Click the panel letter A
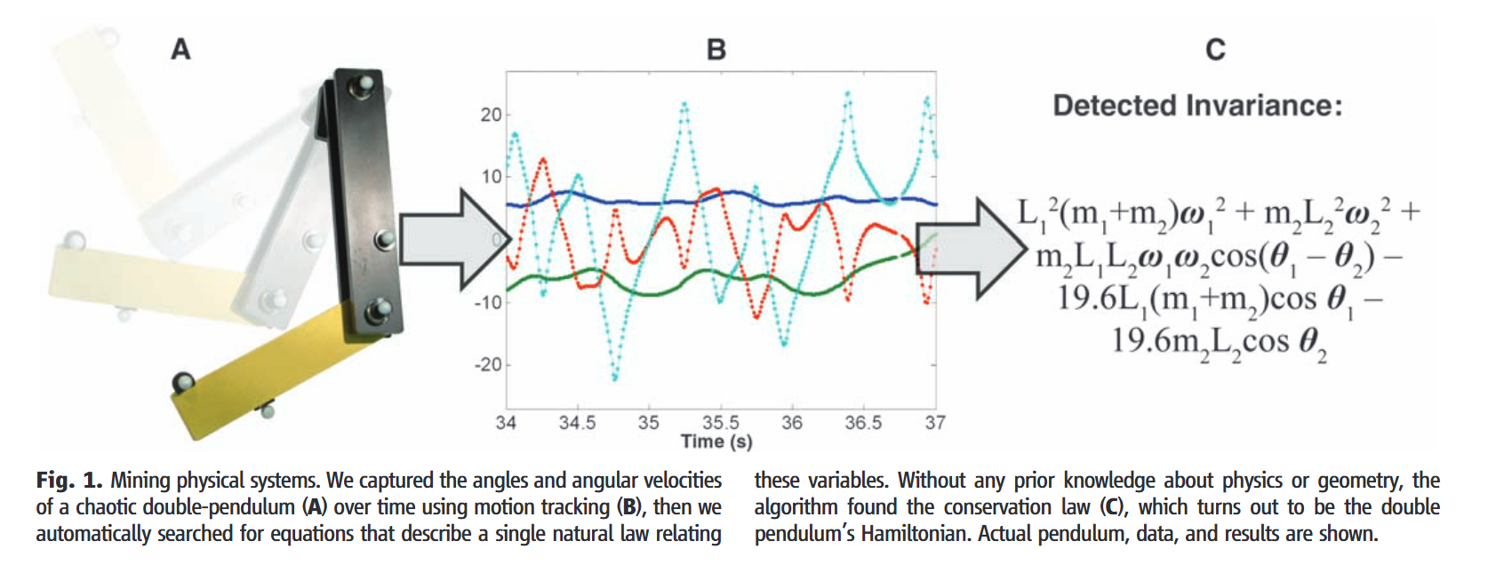(x=180, y=50)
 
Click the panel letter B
(x=716, y=50)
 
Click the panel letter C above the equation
(x=1215, y=50)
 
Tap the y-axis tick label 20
(x=491, y=115)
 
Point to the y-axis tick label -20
(x=488, y=364)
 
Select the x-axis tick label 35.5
(x=720, y=422)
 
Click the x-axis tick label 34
(x=506, y=422)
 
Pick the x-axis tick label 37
(x=934, y=422)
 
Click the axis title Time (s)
(x=716, y=442)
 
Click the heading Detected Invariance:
(x=1197, y=106)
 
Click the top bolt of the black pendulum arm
(x=362, y=86)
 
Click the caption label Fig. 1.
(x=69, y=481)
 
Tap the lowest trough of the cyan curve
(x=614, y=378)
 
